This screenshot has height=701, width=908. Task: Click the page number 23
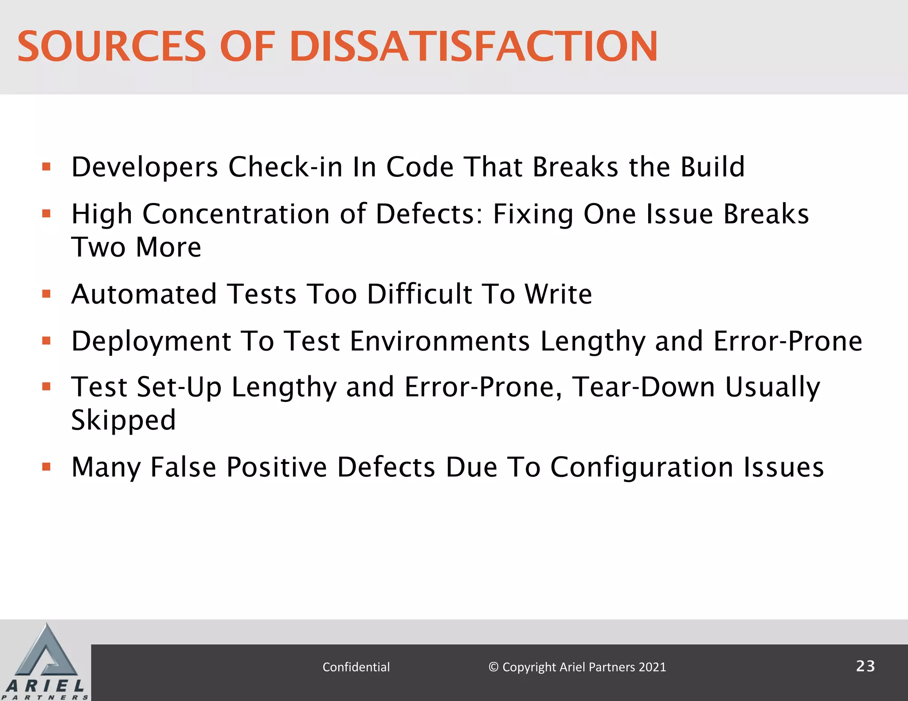click(x=865, y=666)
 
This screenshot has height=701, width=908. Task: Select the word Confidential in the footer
click(x=356, y=667)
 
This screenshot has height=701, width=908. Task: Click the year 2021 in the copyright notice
click(x=652, y=667)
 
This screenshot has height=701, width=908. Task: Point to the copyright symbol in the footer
click(x=493, y=667)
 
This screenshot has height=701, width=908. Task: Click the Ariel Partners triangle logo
click(x=46, y=656)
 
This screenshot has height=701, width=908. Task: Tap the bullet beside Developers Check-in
click(x=47, y=167)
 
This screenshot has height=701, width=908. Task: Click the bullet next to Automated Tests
click(x=47, y=294)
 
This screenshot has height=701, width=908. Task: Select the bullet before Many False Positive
click(x=47, y=467)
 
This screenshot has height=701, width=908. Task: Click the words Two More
click(x=136, y=247)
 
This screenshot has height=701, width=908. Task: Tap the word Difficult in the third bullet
click(x=419, y=294)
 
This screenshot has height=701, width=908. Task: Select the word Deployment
click(x=151, y=342)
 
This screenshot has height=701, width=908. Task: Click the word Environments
click(x=439, y=342)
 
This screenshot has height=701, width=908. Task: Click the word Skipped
click(x=124, y=421)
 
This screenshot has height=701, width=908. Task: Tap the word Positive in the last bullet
click(x=276, y=467)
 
